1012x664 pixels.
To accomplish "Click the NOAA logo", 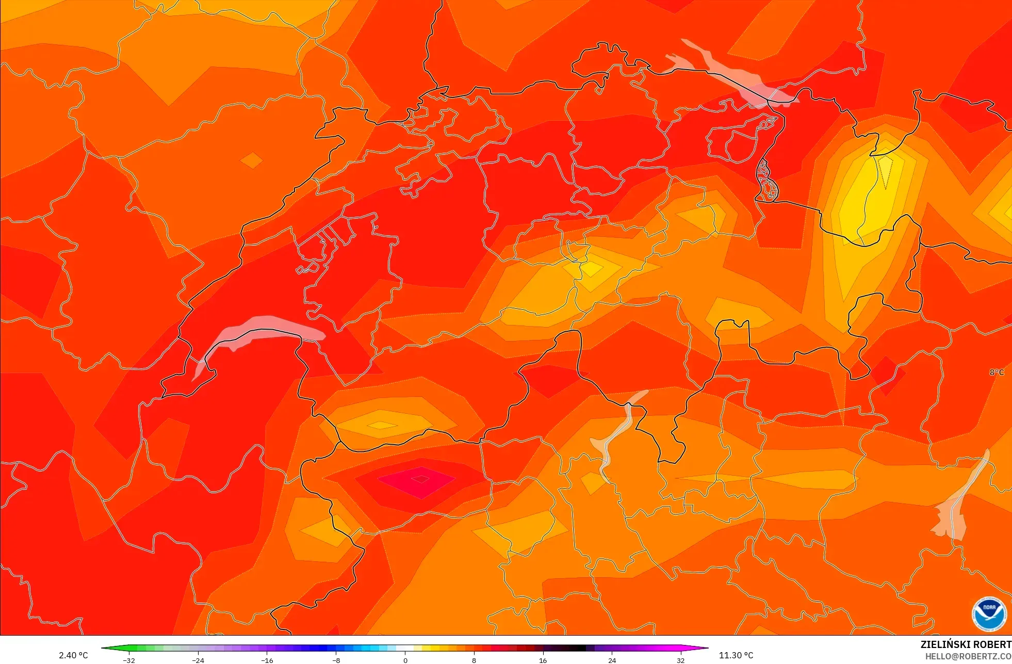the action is (989, 614).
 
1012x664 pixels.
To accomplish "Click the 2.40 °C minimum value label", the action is (73, 655).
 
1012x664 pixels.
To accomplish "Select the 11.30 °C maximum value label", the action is (736, 655).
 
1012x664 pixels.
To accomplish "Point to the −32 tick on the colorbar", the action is (129, 660).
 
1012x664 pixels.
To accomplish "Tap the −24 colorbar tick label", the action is (198, 660).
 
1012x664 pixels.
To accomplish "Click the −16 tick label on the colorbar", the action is (267, 660).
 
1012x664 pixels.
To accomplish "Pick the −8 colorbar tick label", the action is (336, 660).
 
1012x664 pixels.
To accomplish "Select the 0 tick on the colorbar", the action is (405, 660).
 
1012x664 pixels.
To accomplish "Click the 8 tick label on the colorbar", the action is (474, 660).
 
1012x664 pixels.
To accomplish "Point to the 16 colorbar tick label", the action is (543, 660).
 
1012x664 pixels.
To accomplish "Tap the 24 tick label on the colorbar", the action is (612, 660).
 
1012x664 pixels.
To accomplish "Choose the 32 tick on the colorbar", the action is (681, 660).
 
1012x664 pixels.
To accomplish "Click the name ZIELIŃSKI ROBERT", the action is (966, 645).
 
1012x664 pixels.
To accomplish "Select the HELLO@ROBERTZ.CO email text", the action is (968, 657).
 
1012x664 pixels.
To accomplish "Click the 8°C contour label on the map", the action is (997, 373).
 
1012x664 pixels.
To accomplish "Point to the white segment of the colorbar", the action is (405, 648).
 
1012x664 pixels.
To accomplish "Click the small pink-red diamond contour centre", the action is (420, 479).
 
